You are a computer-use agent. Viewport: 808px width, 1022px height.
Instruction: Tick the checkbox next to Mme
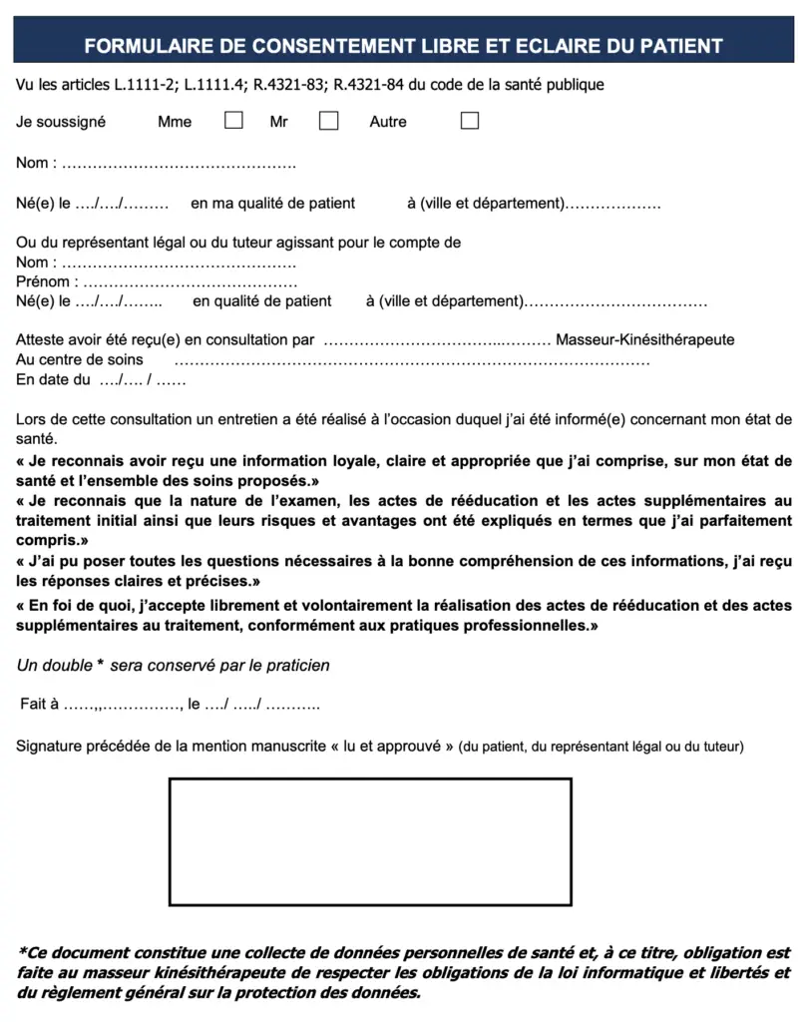point(233,121)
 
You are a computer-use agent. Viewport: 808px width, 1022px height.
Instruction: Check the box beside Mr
point(328,121)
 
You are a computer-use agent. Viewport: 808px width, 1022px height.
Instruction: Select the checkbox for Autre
point(470,121)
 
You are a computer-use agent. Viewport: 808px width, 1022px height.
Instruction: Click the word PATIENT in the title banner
point(677,46)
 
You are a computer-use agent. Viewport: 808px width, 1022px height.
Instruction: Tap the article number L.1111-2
point(141,85)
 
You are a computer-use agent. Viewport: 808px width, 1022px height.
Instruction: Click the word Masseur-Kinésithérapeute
point(645,339)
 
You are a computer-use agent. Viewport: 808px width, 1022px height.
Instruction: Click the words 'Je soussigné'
point(61,122)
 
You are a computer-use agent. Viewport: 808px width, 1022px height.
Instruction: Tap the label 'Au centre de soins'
point(80,359)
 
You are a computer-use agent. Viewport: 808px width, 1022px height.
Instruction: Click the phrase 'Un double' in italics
point(55,665)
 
